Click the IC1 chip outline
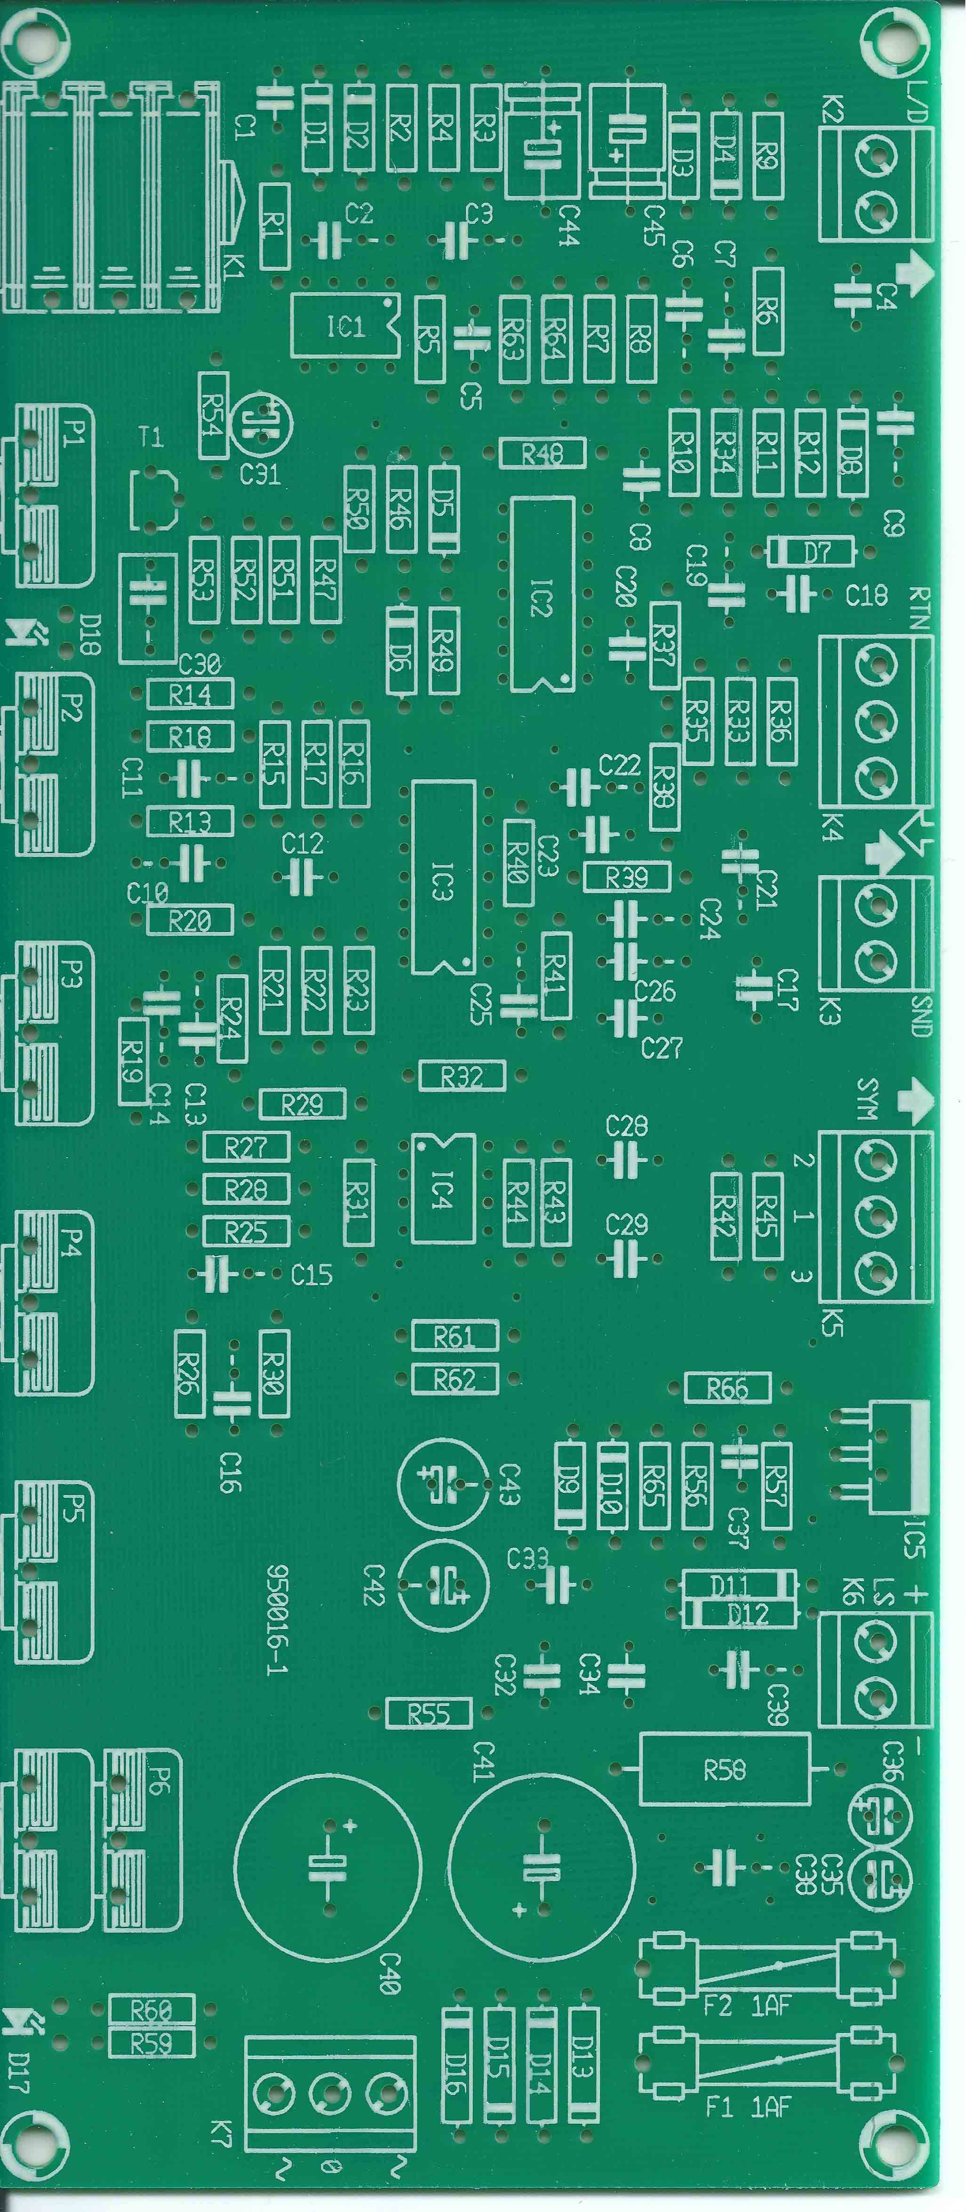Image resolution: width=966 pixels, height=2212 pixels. tap(345, 326)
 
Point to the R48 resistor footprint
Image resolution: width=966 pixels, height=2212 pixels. tap(543, 454)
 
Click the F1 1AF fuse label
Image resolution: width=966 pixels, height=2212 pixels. tap(747, 2107)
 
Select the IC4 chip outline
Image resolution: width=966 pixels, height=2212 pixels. tap(442, 1190)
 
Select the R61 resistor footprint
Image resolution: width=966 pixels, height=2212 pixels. tap(454, 1337)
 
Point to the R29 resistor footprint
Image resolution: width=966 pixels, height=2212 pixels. tap(302, 1104)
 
